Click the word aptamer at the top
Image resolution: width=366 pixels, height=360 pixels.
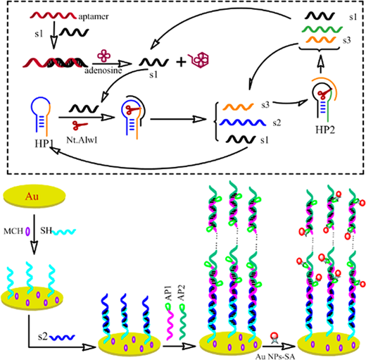94,17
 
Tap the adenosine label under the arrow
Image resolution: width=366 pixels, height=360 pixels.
103,70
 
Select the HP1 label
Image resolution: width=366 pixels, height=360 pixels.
44,144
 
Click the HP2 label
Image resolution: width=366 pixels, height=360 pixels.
325,130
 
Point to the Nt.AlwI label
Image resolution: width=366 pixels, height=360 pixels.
82,140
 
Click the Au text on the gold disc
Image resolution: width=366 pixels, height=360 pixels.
32,196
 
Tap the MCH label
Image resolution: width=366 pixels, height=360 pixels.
13,231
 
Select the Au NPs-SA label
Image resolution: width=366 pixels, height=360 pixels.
274,356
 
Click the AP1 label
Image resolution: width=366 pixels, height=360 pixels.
169,292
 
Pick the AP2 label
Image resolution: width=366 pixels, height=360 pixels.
181,292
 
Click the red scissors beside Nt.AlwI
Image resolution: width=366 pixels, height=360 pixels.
80,125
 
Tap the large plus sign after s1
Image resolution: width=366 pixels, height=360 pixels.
181,62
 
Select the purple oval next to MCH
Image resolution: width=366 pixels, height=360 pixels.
27,231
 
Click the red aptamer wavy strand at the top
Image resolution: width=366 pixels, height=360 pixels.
53,15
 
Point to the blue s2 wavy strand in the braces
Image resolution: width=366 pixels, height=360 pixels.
243,123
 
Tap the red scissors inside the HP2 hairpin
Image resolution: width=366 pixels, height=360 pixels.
324,93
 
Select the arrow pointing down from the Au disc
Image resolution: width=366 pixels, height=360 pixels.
34,235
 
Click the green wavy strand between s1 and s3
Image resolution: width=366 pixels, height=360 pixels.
322,30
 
